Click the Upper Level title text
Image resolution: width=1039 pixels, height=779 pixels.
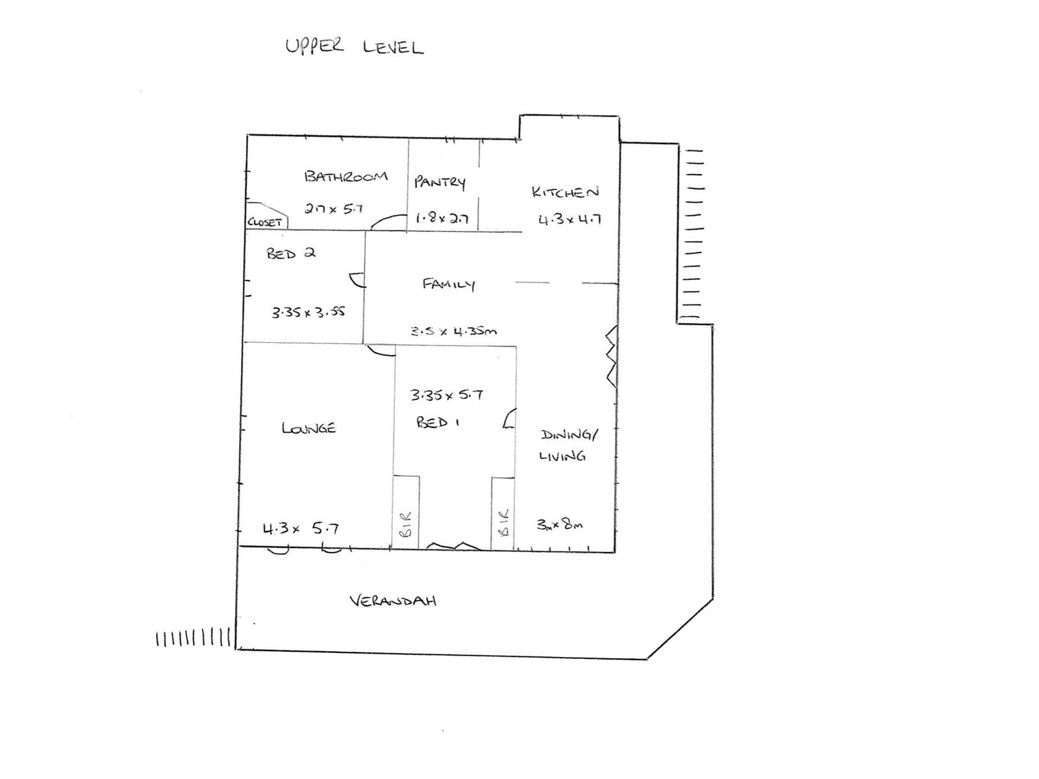coord(355,47)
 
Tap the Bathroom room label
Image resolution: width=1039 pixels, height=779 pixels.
coord(345,176)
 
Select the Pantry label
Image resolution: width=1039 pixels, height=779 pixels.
coord(440,182)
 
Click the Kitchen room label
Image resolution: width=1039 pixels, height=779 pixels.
coord(564,192)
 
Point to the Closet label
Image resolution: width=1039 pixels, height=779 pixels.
coord(265,222)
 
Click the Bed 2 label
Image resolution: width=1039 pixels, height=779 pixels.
coord(290,253)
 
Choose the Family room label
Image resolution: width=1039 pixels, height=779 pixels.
coord(449,284)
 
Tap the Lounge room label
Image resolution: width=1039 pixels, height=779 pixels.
coord(308,428)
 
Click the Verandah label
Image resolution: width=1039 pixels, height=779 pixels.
coord(393,600)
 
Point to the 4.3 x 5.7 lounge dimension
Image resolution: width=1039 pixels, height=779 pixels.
coord(300,528)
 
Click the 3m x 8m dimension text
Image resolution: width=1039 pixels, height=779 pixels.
coord(559,524)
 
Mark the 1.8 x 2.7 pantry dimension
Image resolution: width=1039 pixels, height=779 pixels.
coord(442,219)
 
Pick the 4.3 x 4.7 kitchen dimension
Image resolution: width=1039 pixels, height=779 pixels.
coord(570,219)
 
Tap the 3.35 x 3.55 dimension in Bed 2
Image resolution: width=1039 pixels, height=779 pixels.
coord(308,312)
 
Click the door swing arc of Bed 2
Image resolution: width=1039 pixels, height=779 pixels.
coord(357,280)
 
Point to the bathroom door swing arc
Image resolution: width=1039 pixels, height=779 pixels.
coord(389,222)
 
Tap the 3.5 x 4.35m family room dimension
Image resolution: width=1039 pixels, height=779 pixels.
coord(453,331)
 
